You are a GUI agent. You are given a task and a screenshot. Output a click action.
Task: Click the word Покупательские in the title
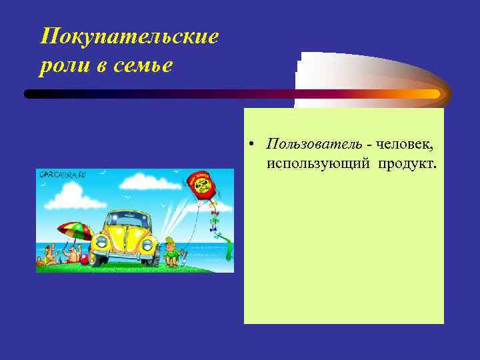tap(129, 37)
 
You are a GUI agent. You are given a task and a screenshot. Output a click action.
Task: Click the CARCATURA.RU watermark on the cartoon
tap(62, 175)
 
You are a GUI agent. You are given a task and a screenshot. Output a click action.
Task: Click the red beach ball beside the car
tap(83, 259)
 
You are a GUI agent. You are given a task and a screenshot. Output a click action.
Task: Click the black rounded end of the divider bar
tap(31, 94)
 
